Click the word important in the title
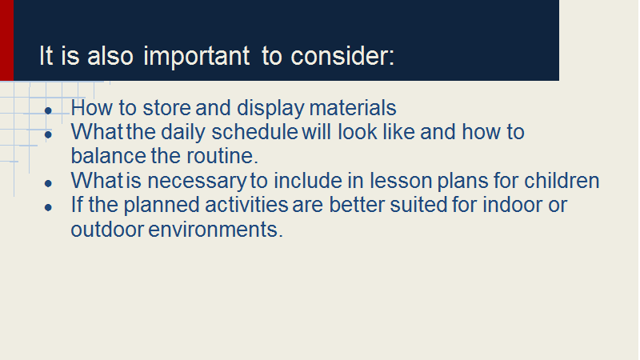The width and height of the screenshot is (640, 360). [x=196, y=57]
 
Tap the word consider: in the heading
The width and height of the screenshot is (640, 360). [x=342, y=55]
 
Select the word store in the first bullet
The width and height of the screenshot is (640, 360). [x=166, y=108]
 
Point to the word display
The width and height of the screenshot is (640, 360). [x=270, y=109]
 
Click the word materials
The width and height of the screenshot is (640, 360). [x=353, y=108]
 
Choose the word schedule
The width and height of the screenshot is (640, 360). [x=254, y=132]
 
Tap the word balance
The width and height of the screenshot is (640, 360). [x=109, y=156]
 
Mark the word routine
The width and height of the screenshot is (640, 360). [x=222, y=156]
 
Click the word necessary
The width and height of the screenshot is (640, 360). [x=197, y=182]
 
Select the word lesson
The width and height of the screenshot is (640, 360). [x=401, y=181]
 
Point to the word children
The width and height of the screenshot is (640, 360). [x=562, y=181]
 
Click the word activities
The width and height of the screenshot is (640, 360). [x=246, y=205]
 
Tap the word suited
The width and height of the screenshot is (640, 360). [x=418, y=205]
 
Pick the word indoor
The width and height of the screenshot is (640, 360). [x=512, y=205]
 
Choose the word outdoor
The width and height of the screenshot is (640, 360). [x=107, y=230]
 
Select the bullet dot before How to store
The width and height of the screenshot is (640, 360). [x=48, y=110]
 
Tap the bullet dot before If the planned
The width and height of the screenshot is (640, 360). [x=48, y=207]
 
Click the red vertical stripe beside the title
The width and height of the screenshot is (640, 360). [x=6, y=40]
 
